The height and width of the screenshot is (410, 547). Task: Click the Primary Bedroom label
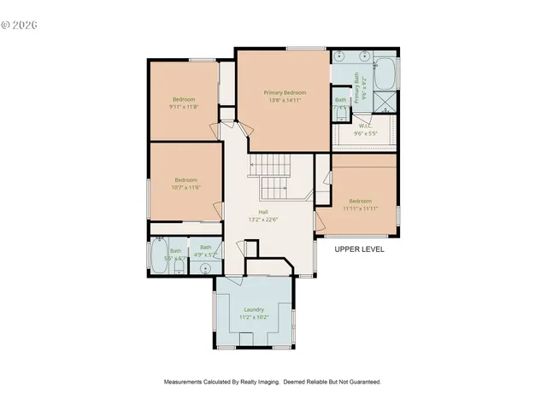[x=285, y=92]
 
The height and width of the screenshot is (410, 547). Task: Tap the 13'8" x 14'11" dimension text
[x=285, y=100]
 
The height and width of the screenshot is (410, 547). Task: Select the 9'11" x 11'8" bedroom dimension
[x=183, y=107]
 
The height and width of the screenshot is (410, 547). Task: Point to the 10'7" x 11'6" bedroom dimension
[x=186, y=187]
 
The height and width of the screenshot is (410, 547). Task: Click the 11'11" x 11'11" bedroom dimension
[x=360, y=208]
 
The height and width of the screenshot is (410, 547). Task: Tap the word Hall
[x=264, y=212]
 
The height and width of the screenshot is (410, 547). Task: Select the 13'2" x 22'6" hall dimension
[x=264, y=220]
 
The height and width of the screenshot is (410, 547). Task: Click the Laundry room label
[x=253, y=309]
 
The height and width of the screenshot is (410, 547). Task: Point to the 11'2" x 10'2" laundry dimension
[x=253, y=317]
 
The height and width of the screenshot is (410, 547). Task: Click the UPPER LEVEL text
[x=359, y=249]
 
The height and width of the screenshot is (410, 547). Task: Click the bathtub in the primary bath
[x=385, y=73]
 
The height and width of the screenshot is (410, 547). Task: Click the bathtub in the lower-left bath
[x=159, y=254]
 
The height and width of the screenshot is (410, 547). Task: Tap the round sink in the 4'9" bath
[x=206, y=267]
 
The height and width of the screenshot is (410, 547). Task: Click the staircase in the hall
[x=272, y=175]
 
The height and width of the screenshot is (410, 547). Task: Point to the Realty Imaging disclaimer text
[x=273, y=382]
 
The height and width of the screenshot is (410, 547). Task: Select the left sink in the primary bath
[x=339, y=56]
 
